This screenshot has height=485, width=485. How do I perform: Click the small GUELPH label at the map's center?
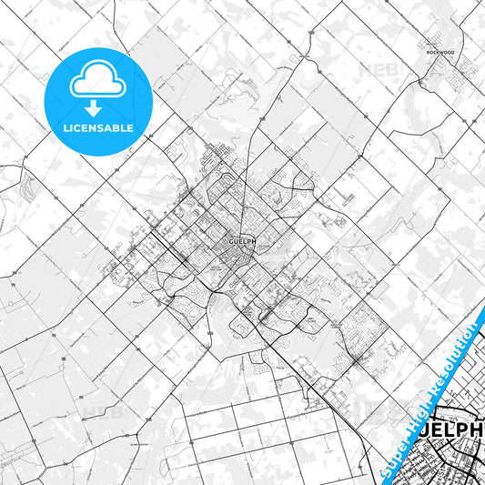point(236,242)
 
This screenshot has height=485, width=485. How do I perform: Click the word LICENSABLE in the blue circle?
point(97,128)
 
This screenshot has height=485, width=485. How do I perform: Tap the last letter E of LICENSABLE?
point(131,128)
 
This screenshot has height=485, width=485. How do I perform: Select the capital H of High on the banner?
point(409,407)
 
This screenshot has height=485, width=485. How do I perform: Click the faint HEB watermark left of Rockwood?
point(377,68)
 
